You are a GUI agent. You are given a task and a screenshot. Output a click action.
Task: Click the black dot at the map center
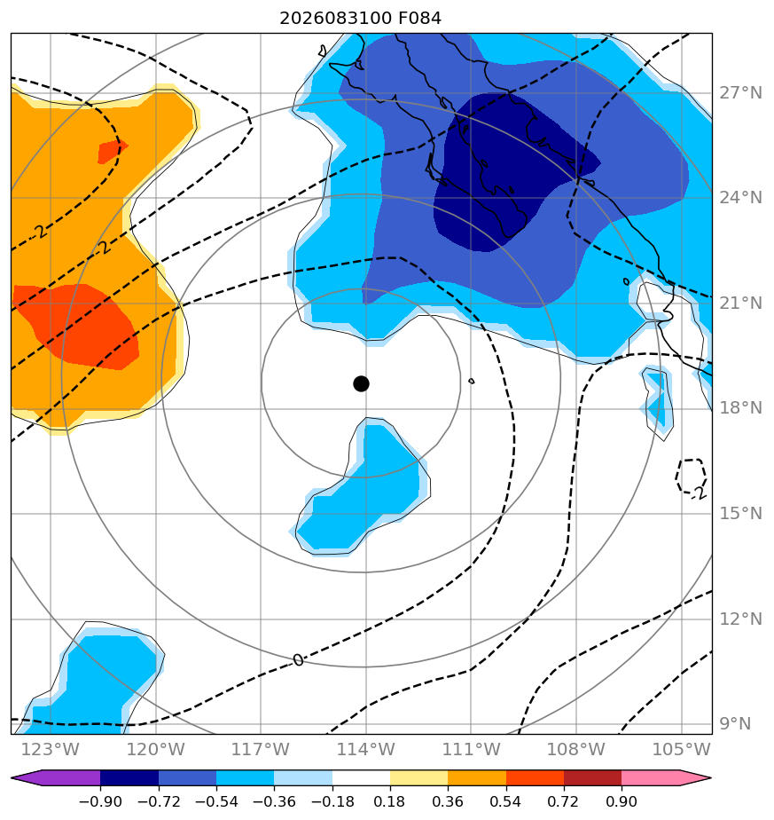point(361,384)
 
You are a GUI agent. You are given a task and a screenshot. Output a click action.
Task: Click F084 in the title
point(419,19)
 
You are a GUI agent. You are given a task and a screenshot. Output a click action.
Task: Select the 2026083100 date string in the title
point(335,19)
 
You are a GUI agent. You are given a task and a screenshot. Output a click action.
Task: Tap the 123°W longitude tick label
point(51,749)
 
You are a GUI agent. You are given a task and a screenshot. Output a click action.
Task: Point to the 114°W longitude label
point(366,749)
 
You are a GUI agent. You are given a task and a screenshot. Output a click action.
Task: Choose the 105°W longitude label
point(682,749)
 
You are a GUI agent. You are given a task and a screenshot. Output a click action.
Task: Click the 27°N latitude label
point(740,93)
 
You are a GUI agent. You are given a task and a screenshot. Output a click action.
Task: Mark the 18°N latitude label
point(740,408)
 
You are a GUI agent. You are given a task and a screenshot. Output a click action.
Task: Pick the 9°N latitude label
point(735,724)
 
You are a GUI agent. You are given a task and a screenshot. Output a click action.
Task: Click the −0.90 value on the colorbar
point(100,801)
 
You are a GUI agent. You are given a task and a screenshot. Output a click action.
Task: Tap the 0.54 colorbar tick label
point(506,801)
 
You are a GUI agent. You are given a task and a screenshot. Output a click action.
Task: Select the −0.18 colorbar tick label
point(332,801)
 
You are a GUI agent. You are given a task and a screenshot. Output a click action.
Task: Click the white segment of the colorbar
point(361,777)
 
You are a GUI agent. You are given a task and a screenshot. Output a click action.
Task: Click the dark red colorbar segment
point(592,777)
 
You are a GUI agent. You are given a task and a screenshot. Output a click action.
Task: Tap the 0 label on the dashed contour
point(298,660)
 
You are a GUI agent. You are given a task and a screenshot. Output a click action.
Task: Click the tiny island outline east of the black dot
point(472,382)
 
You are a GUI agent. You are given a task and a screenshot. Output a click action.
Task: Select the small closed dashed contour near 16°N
point(691,477)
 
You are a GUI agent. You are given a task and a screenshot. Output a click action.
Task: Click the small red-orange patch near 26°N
point(112,152)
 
